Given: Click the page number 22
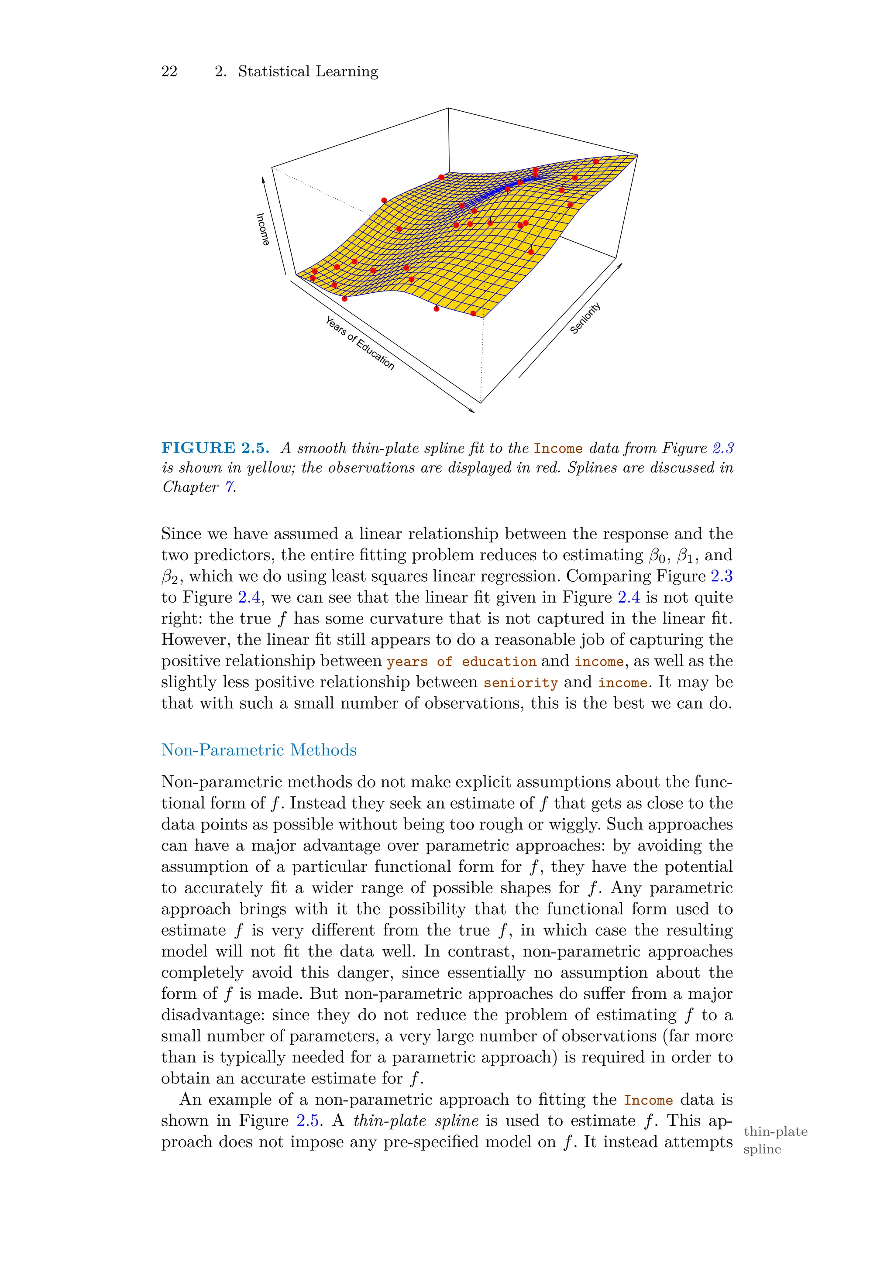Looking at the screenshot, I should point(169,71).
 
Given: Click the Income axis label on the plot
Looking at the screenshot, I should point(262,229).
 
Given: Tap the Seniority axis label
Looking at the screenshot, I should point(586,318).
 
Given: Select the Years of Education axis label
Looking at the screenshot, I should point(360,343).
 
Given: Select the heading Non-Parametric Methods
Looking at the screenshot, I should point(258,750).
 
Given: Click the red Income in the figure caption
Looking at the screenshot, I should point(558,449).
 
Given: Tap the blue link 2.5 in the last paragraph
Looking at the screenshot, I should point(308,1121).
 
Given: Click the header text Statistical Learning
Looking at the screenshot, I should point(308,71).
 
